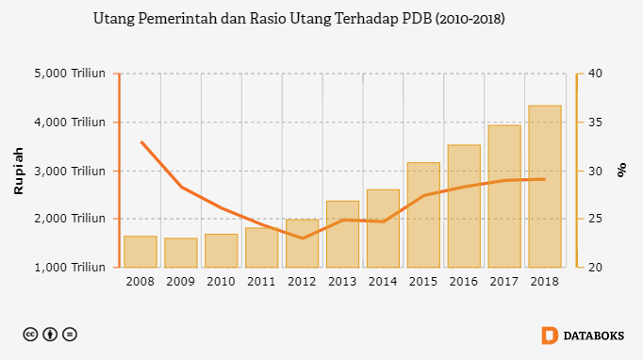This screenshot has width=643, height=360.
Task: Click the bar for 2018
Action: (545, 187)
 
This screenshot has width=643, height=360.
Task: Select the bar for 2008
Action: (140, 252)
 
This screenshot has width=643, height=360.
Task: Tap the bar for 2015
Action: (423, 215)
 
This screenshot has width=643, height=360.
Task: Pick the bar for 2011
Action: (261, 248)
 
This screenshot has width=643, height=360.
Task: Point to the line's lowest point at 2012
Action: (303, 238)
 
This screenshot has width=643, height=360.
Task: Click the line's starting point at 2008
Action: (141, 142)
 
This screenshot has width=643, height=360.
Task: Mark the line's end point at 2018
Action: (545, 179)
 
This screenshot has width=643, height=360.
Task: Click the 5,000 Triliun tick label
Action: (70, 74)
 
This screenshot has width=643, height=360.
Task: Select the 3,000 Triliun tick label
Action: (70, 171)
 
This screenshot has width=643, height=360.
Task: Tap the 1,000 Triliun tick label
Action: (70, 268)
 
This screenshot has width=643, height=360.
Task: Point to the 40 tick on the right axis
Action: (595, 74)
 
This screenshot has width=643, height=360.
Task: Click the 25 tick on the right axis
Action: (595, 219)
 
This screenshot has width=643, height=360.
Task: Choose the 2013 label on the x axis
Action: (342, 282)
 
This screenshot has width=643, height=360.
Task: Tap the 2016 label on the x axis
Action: (464, 282)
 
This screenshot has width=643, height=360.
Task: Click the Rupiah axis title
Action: (19, 171)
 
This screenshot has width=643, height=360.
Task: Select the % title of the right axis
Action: (621, 170)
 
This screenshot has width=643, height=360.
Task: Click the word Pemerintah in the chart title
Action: (177, 19)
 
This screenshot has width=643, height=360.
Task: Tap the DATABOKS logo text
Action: (594, 335)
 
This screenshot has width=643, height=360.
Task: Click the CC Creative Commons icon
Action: (30, 335)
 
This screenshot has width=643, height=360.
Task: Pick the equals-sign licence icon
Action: (70, 335)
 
